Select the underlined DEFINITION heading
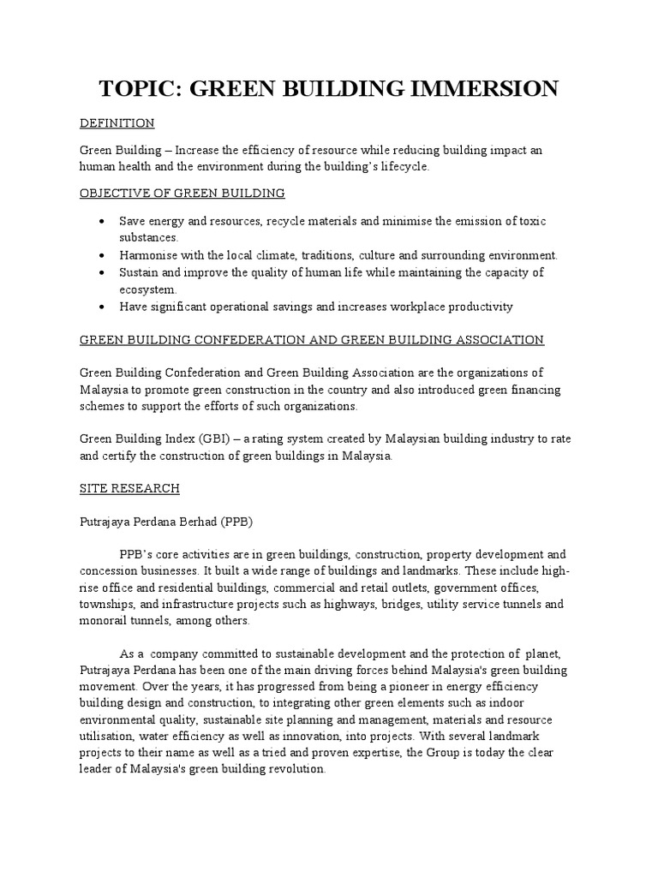click(117, 123)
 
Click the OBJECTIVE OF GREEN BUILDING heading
click(182, 194)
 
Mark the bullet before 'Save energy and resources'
click(102, 221)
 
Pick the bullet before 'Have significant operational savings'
click(102, 306)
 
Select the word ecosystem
click(148, 289)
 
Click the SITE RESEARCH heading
click(129, 488)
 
